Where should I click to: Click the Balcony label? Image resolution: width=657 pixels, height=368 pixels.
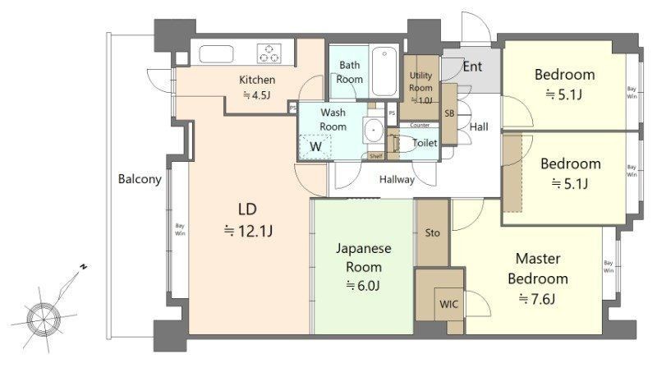140,179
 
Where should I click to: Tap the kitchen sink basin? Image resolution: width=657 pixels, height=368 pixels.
216,54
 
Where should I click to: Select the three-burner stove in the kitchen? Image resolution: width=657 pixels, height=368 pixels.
269,53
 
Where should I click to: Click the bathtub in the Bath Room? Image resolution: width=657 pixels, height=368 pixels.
384,71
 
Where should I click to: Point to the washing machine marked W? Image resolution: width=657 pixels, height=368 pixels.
315,147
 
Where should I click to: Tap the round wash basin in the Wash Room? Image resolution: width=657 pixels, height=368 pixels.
374,131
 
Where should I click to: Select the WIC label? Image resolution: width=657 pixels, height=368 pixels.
448,304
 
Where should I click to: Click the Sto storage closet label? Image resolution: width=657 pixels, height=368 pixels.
433,232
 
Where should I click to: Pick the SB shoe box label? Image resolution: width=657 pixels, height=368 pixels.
449,113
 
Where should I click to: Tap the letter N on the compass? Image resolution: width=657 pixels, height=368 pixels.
84,267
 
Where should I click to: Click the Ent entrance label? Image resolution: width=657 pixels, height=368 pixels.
472,67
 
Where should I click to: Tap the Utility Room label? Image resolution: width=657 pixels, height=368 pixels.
420,81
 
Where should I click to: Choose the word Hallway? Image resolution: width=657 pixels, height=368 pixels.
397,180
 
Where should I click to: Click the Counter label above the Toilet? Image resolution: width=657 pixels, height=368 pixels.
420,126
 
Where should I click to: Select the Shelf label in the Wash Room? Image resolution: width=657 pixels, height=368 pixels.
376,156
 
